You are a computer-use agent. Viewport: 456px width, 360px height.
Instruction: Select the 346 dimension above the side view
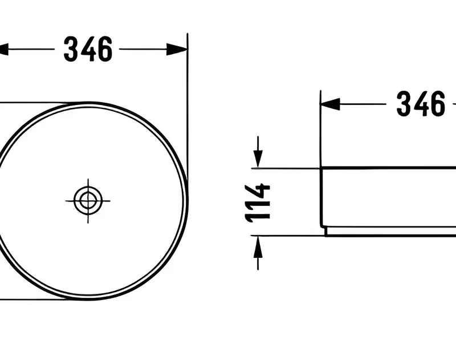click(421, 104)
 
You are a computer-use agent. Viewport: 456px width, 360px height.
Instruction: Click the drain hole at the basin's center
click(88, 200)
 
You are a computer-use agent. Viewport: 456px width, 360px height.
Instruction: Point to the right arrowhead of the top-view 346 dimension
click(177, 50)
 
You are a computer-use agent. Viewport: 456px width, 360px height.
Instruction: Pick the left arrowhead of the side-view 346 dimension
click(330, 104)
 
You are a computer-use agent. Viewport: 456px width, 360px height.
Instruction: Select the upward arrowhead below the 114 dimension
click(258, 245)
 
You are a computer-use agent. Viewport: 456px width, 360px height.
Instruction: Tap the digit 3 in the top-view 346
click(71, 49)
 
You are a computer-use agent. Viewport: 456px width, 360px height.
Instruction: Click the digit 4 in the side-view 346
click(421, 104)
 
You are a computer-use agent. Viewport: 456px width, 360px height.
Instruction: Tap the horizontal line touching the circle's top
click(34, 103)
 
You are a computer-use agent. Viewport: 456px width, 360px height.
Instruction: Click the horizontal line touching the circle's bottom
click(34, 300)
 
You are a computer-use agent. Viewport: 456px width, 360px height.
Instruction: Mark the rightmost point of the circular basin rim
click(186, 201)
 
